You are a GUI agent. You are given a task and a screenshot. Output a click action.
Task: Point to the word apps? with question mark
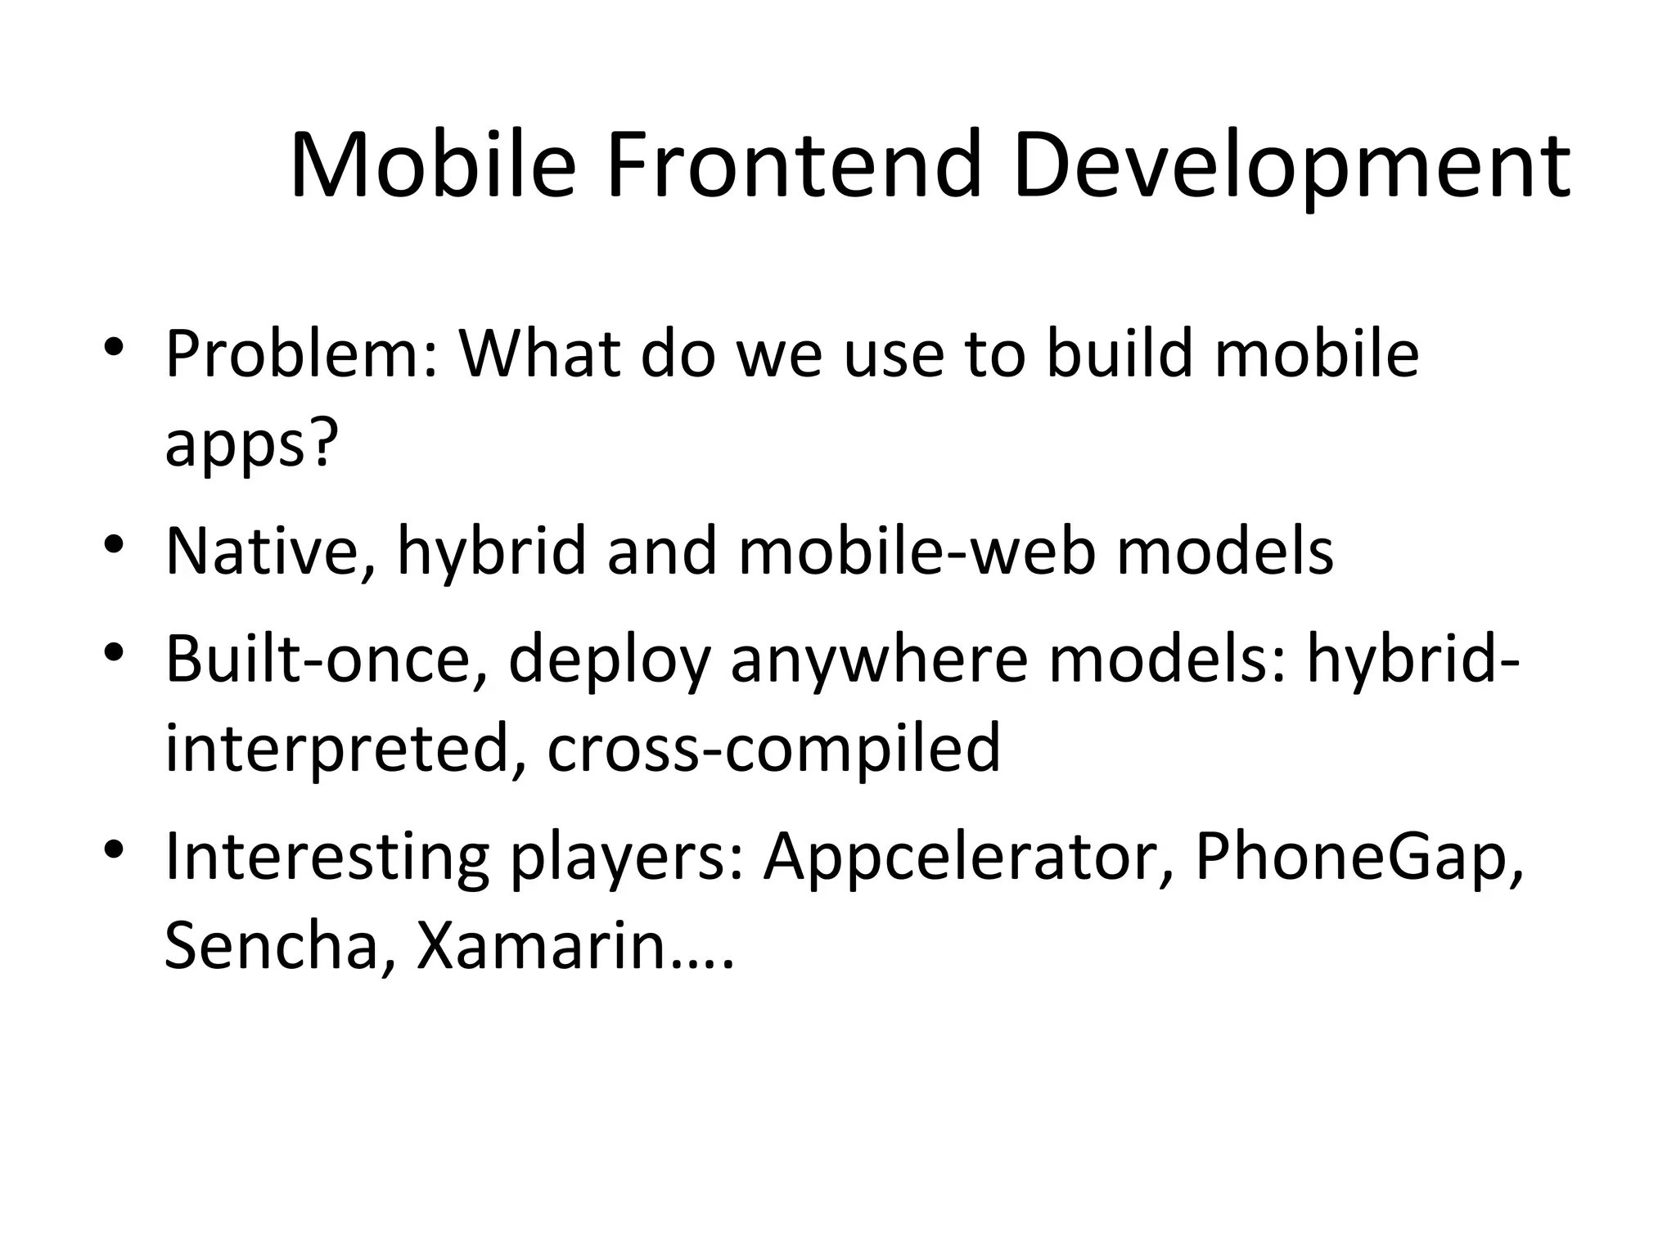pyautogui.click(x=251, y=446)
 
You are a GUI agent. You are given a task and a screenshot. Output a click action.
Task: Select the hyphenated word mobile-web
pyautogui.click(x=917, y=551)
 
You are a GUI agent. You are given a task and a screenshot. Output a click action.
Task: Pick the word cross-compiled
pyautogui.click(x=773, y=749)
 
